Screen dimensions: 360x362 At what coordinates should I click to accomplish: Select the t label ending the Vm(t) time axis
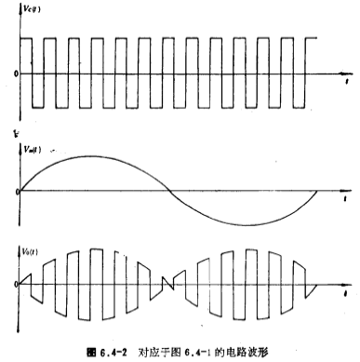pyautogui.click(x=346, y=201)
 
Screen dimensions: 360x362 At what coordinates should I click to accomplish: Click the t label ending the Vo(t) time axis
pyautogui.click(x=346, y=291)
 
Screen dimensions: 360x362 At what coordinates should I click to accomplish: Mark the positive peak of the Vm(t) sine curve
pyautogui.click(x=92, y=155)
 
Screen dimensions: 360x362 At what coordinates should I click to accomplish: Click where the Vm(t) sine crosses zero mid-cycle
pyautogui.click(x=168, y=192)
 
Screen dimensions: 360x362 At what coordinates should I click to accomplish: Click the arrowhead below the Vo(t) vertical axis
pyautogui.click(x=20, y=327)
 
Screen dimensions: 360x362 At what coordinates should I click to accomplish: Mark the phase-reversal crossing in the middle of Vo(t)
pyautogui.click(x=168, y=281)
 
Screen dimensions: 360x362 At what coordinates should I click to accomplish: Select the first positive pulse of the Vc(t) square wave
pyautogui.click(x=27, y=55)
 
